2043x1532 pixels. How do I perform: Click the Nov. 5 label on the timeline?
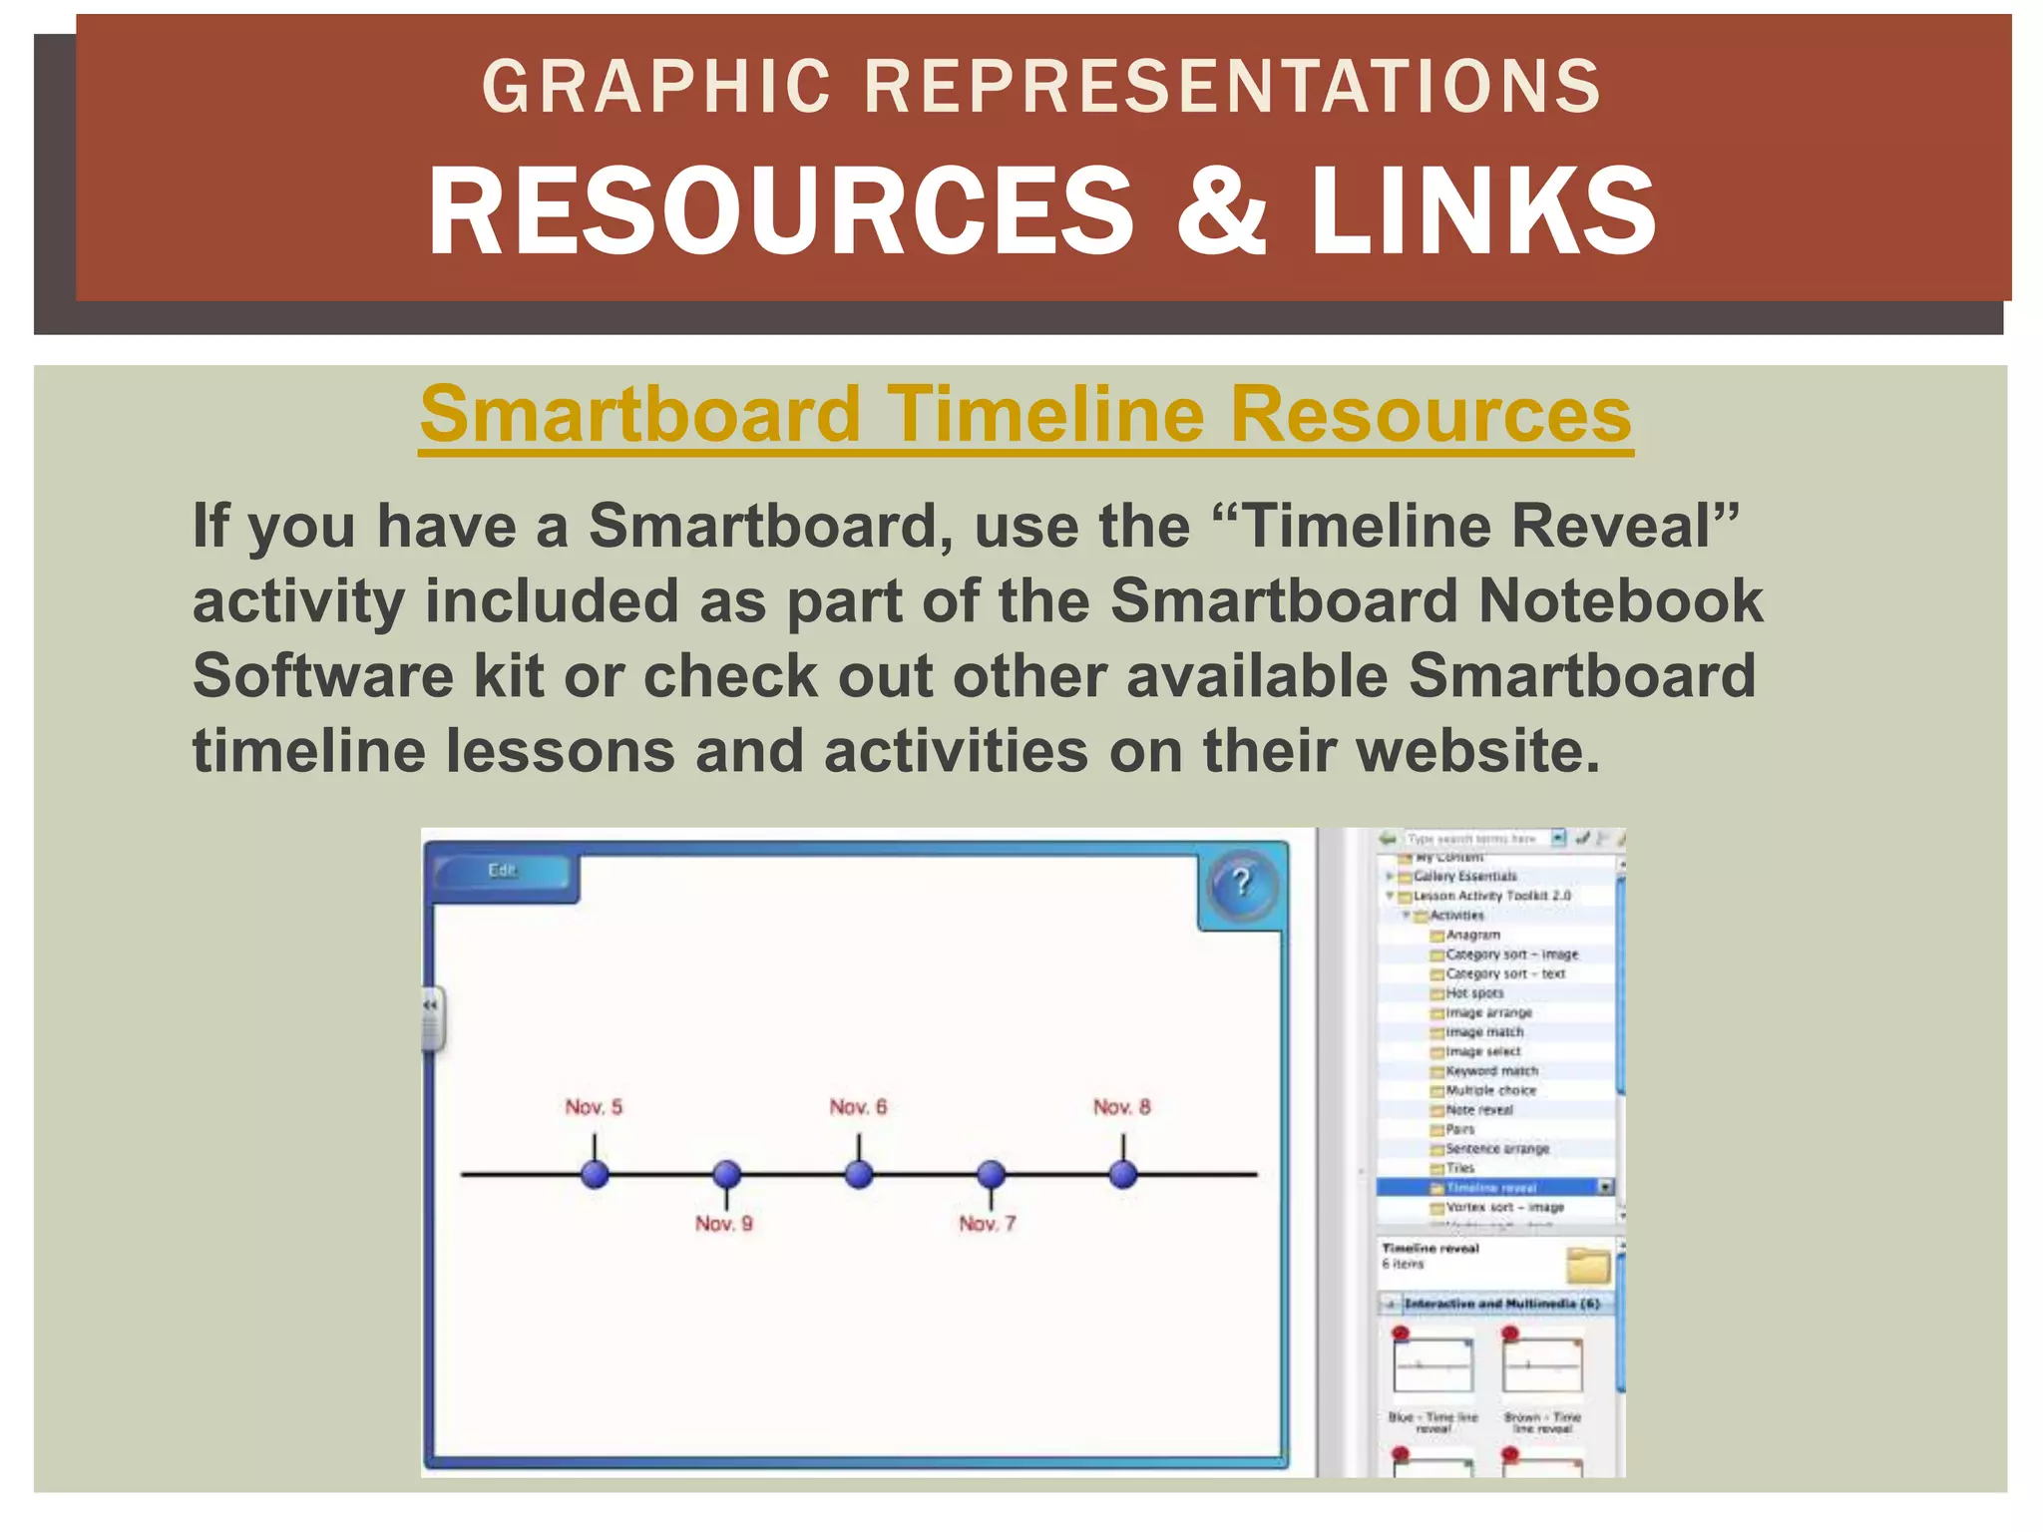[594, 1107]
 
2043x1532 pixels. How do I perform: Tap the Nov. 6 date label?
[858, 1107]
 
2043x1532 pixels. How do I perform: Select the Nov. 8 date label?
[1121, 1107]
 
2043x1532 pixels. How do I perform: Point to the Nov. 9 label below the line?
[724, 1224]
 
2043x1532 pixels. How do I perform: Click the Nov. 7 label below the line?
[988, 1224]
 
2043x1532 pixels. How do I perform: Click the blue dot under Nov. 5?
[596, 1174]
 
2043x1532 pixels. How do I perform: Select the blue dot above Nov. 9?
[727, 1174]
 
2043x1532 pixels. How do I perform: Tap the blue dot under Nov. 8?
[1123, 1174]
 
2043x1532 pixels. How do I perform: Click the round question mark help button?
[1241, 883]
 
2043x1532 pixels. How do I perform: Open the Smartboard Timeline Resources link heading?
[1025, 415]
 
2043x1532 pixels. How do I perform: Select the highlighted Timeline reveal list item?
[1491, 1188]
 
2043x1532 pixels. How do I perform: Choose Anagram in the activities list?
[1472, 935]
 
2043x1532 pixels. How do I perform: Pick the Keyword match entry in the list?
[1491, 1071]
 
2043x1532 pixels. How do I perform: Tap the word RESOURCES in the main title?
[780, 210]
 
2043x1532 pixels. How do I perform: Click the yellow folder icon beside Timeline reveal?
[1588, 1266]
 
